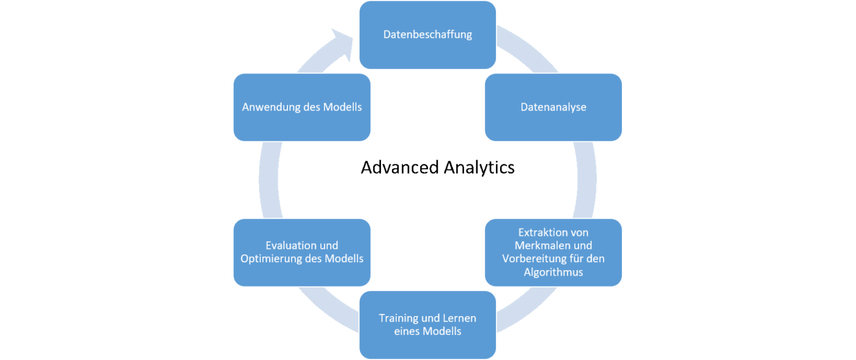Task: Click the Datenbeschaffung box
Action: click(427, 34)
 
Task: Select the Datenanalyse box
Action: click(553, 107)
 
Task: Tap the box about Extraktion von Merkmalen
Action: click(553, 252)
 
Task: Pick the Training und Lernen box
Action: click(427, 325)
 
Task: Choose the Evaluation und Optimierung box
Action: click(302, 252)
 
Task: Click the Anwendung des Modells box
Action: click(302, 107)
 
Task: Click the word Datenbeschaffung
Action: click(427, 34)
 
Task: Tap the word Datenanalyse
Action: click(553, 107)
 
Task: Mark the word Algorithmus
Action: click(553, 272)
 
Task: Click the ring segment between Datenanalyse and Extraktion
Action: click(586, 180)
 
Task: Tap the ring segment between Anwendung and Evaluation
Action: click(268, 180)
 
